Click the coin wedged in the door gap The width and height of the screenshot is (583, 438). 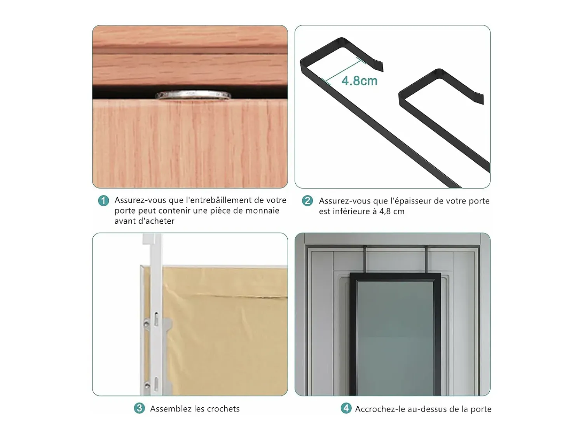(x=193, y=95)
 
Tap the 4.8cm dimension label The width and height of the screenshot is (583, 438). (x=360, y=81)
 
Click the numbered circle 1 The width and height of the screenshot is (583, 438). (x=103, y=201)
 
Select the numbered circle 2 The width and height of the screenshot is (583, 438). (x=307, y=201)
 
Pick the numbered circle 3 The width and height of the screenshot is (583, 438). (x=140, y=408)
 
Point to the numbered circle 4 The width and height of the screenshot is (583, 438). (x=346, y=408)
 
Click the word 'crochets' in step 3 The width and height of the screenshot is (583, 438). (x=223, y=409)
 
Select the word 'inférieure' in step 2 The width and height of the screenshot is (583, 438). (x=349, y=212)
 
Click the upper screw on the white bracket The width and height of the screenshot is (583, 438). (x=147, y=324)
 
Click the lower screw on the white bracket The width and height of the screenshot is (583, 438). (x=147, y=385)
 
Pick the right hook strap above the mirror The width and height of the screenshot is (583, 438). (x=426, y=259)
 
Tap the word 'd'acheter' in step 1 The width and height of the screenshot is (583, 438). (x=144, y=221)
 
